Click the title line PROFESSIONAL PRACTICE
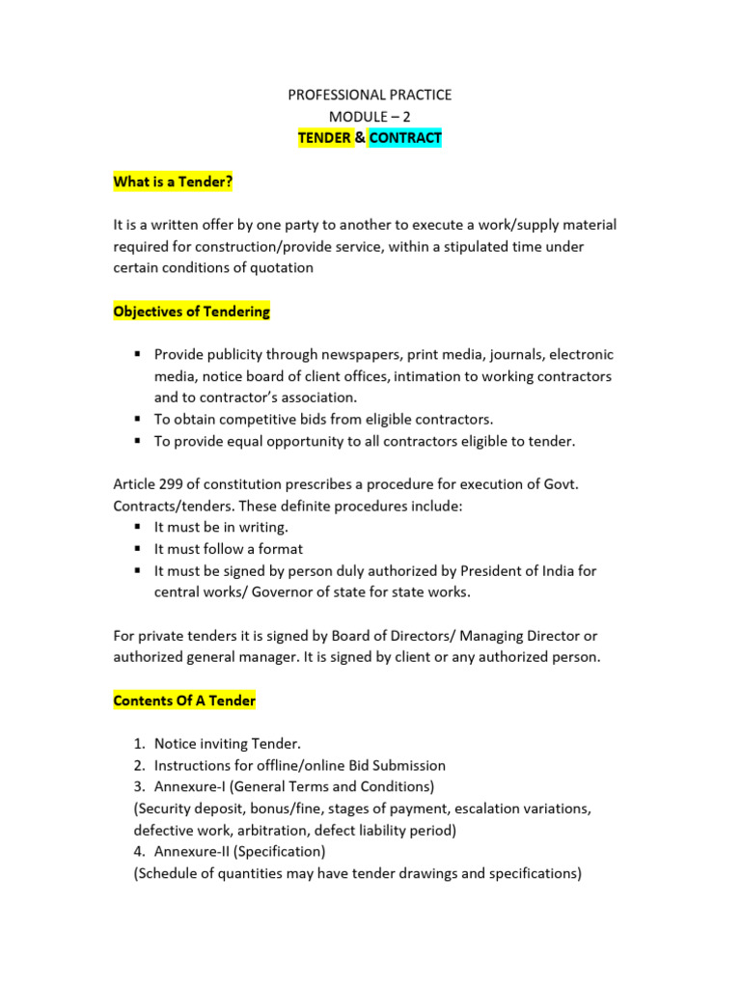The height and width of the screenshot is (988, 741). coord(370,95)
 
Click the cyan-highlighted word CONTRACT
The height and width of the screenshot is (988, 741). coord(405,138)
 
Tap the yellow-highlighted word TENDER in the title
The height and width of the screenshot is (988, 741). coord(324,138)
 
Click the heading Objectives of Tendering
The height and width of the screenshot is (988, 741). coord(192,312)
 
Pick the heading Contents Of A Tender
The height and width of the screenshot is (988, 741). coord(184,700)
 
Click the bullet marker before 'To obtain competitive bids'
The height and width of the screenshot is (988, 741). coord(139,420)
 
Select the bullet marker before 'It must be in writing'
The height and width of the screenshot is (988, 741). coord(139,528)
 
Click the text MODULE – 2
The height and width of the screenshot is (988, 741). coord(370,117)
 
